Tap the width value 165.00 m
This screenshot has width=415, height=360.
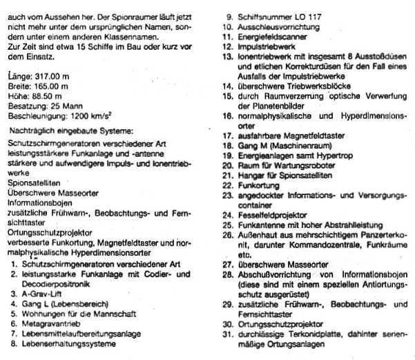(55, 85)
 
